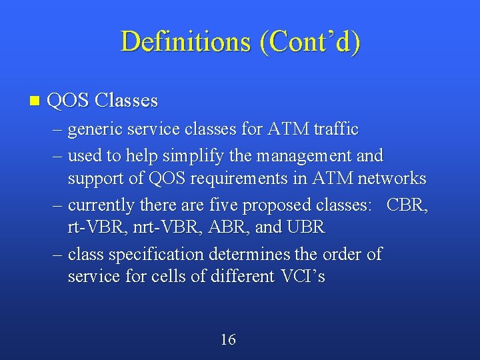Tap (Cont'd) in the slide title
(310, 41)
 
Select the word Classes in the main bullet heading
(126, 101)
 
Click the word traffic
(335, 129)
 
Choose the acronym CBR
(407, 205)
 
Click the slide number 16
(228, 340)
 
